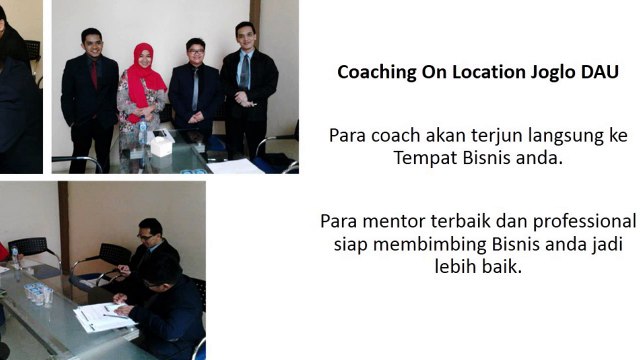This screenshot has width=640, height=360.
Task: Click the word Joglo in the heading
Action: tap(546, 73)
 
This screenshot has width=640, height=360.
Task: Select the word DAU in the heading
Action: tap(599, 73)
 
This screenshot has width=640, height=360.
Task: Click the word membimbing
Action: tap(431, 244)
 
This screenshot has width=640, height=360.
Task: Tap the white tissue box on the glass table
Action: tap(161, 145)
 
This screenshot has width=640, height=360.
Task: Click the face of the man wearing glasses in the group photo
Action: tap(195, 52)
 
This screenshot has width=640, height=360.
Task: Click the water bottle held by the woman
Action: tap(143, 128)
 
